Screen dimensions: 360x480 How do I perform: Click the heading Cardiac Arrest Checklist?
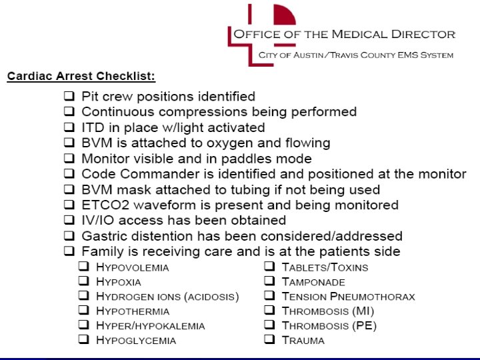[x=81, y=76]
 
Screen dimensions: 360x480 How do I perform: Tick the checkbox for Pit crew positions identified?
[x=69, y=97]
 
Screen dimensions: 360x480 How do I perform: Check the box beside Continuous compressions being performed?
[x=69, y=112]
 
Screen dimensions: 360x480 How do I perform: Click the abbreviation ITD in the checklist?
[x=91, y=127]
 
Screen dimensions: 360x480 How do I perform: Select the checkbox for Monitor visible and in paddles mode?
[x=69, y=159]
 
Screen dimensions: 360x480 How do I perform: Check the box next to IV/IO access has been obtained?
[x=69, y=220]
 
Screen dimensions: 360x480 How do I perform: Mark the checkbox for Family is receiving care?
[x=69, y=251]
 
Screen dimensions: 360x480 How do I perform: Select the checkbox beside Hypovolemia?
[x=84, y=267]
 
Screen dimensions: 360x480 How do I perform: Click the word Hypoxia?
[x=119, y=282]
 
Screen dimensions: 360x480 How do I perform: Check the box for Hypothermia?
[x=84, y=311]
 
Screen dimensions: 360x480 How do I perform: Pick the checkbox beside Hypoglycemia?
[x=84, y=340]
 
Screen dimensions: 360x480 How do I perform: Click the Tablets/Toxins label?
[x=325, y=267]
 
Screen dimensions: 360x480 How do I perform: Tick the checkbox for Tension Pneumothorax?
[x=269, y=296]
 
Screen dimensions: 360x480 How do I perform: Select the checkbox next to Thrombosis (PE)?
[x=269, y=325]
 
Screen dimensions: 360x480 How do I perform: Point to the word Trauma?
[x=303, y=341]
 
